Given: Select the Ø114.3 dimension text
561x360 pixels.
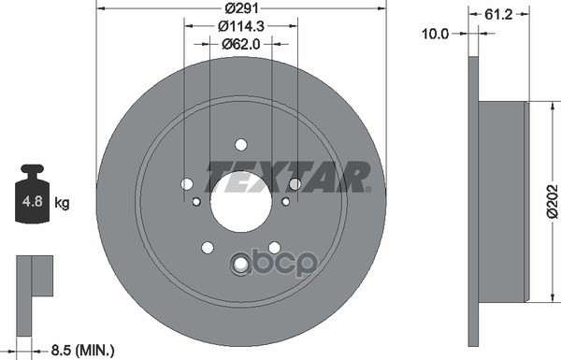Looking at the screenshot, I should click(x=240, y=26).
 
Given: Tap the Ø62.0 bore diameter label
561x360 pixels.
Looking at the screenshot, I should click(x=240, y=43).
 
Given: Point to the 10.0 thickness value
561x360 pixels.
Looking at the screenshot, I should click(x=437, y=33).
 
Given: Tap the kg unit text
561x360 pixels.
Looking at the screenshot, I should click(x=62, y=202).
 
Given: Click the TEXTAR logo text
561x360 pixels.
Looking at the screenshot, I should click(x=288, y=176).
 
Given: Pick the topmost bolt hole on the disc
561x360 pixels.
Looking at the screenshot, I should click(x=240, y=144).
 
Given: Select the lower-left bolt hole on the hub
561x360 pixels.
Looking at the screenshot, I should click(x=207, y=247).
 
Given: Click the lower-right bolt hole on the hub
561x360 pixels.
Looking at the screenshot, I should click(x=274, y=247).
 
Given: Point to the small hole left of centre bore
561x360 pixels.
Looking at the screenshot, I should click(x=196, y=201).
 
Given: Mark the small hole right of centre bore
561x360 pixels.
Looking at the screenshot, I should click(x=285, y=201).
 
